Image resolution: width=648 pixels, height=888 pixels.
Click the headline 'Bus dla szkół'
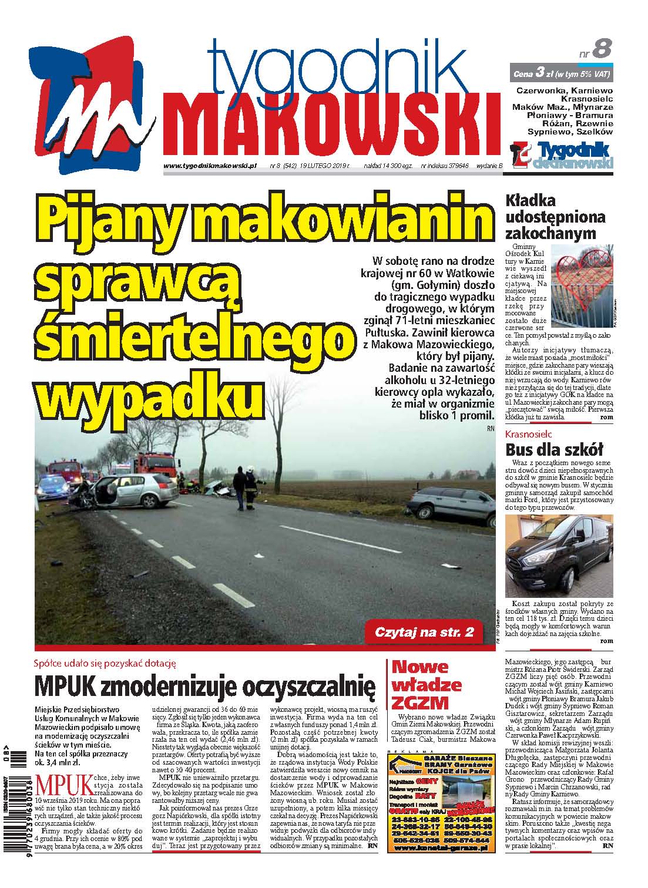pyautogui.click(x=546, y=450)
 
